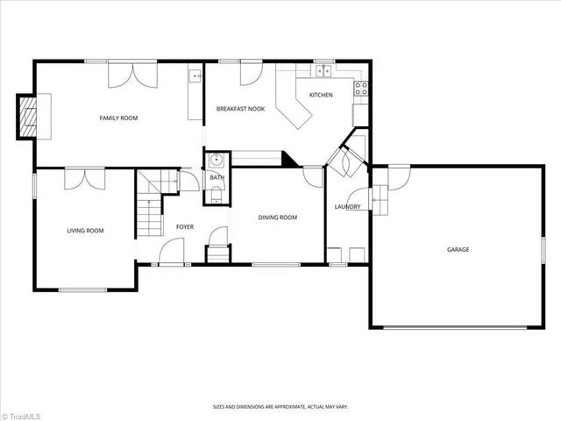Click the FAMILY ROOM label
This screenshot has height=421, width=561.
(x=118, y=118)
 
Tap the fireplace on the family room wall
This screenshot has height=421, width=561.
(x=30, y=116)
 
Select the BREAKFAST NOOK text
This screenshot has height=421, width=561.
(x=240, y=109)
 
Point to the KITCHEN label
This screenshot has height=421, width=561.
(x=320, y=95)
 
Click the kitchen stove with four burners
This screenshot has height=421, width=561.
(x=359, y=87)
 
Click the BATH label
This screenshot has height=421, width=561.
(x=217, y=178)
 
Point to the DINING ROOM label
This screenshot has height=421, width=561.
(x=277, y=218)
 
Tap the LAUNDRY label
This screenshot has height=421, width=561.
(x=347, y=207)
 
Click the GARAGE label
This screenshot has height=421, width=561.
(x=458, y=249)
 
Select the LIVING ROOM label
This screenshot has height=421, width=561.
(x=85, y=231)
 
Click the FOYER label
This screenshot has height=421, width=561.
(x=185, y=226)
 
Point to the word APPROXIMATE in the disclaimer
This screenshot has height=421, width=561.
(x=289, y=407)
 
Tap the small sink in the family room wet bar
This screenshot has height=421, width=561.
(x=195, y=77)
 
